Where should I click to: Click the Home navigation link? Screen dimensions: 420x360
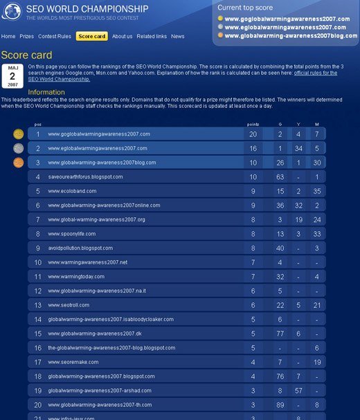click(x=8, y=36)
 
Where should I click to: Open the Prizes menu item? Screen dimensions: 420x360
click(x=26, y=36)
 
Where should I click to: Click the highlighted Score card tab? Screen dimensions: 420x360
click(x=91, y=36)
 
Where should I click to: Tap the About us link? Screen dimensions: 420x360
click(x=122, y=36)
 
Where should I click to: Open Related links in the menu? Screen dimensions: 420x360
click(x=151, y=36)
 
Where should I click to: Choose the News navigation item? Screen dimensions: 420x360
click(x=178, y=36)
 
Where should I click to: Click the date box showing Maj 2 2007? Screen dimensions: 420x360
click(x=12, y=76)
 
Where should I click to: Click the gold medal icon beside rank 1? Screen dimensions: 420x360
click(x=18, y=134)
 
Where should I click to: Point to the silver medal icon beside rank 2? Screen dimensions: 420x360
click(x=18, y=148)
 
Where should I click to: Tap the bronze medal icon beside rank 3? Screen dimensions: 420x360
click(x=18, y=163)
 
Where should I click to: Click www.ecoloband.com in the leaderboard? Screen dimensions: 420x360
click(x=72, y=191)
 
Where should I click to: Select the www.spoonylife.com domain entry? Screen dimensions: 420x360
click(x=71, y=234)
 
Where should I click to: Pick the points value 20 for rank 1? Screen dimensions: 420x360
click(x=253, y=134)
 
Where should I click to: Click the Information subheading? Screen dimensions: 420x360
click(x=46, y=92)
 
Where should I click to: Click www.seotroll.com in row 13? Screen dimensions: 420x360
click(x=69, y=305)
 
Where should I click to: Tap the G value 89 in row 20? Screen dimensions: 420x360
click(x=280, y=405)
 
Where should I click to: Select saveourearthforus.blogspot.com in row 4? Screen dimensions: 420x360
click(x=85, y=176)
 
